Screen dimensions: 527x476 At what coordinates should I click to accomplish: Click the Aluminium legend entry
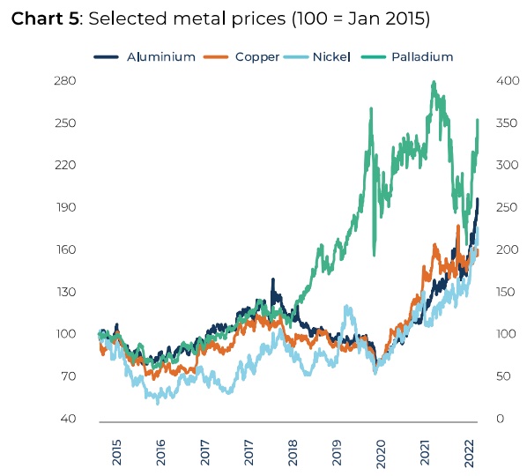click(145, 56)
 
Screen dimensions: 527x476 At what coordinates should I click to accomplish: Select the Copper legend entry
click(241, 56)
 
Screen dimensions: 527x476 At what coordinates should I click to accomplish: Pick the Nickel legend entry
click(317, 56)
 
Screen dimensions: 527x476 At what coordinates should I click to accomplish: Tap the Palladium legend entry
click(407, 56)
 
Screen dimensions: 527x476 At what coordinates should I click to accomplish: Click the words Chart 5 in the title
click(45, 19)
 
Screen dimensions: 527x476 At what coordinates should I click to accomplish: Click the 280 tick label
click(65, 81)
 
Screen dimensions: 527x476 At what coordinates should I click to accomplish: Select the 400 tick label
click(508, 81)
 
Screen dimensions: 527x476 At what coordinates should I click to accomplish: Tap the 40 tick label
click(68, 419)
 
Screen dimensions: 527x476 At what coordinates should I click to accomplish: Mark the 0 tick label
click(500, 419)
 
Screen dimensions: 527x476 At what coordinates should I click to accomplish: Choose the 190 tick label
click(65, 207)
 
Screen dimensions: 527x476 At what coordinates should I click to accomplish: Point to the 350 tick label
click(507, 123)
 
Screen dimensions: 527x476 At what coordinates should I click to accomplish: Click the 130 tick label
click(66, 292)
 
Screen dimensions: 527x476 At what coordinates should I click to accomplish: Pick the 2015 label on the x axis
click(116, 452)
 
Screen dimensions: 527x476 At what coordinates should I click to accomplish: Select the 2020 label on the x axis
click(381, 454)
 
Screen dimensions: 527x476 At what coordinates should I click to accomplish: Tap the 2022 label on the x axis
click(469, 453)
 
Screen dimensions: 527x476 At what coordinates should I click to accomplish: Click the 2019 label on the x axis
click(337, 452)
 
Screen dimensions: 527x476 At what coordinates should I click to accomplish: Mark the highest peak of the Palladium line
click(434, 82)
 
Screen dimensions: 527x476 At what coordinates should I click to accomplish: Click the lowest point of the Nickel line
click(158, 402)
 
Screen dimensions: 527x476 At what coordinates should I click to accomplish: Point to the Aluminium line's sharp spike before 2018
click(273, 279)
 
